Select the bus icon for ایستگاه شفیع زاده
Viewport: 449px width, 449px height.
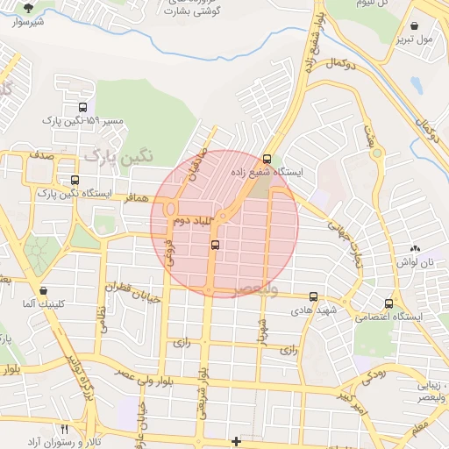click(x=267, y=159)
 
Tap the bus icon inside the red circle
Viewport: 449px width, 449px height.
click(x=215, y=246)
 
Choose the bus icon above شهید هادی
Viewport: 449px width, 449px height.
click(x=314, y=298)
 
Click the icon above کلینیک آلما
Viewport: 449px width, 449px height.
click(x=43, y=289)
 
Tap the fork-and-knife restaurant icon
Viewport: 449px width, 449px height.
click(x=64, y=430)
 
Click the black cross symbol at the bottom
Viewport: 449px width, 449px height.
click(x=235, y=440)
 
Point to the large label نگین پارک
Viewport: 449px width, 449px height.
click(x=118, y=156)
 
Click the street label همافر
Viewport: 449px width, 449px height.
click(x=140, y=200)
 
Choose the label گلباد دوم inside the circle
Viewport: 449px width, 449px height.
click(x=194, y=222)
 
